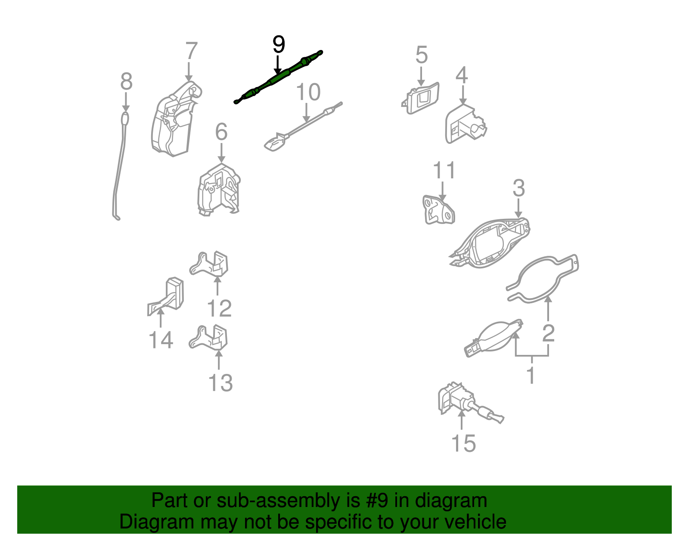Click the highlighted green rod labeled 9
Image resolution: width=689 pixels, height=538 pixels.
pos(278,78)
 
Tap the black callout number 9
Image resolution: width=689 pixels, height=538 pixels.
pos(279,45)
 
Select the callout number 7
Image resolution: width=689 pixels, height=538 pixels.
pos(191,51)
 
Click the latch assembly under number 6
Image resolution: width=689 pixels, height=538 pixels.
pos(219,190)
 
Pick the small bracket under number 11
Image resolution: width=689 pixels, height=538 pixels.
pos(438,211)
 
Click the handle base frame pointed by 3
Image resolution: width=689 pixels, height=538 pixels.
pos(489,243)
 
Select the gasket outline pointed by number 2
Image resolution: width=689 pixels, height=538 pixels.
pos(543,279)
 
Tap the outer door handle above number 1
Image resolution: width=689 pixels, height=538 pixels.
pos(493,338)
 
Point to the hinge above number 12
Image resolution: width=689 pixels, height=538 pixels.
pos(210,264)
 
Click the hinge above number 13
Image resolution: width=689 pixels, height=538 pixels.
pos(210,338)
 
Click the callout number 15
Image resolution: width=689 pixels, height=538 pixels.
pos(463,443)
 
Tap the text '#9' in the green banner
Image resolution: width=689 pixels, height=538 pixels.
pos(377,501)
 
